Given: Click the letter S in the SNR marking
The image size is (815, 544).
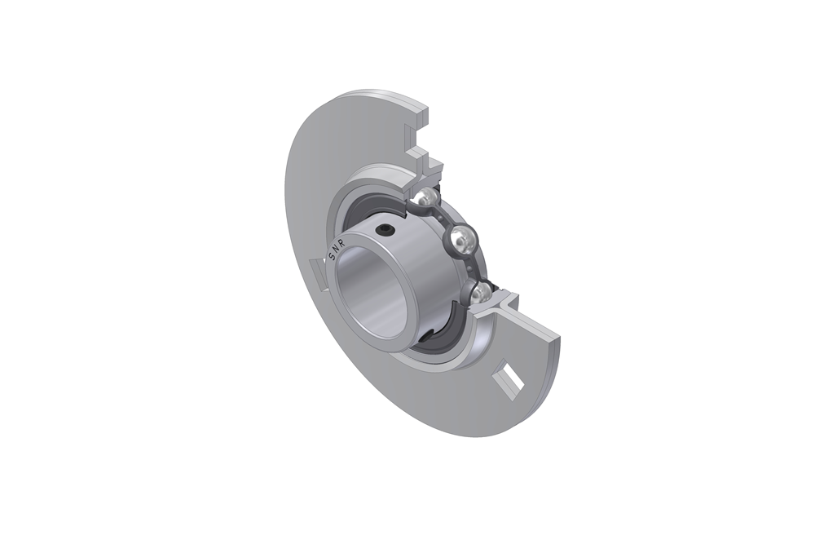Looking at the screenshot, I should pyautogui.click(x=332, y=259).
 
